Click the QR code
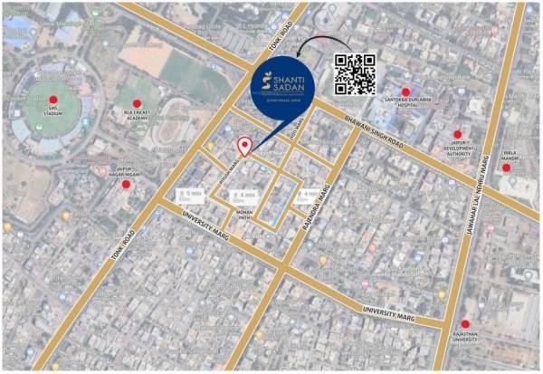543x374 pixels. [355, 73]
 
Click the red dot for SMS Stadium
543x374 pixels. [52, 100]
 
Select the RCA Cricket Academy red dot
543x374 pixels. [138, 103]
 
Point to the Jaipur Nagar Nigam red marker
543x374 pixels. [126, 184]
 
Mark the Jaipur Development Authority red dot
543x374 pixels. [457, 134]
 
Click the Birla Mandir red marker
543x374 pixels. [506, 167]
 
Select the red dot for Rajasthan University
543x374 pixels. [465, 323]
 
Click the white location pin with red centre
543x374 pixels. [243, 147]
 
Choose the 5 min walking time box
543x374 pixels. [189, 196]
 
